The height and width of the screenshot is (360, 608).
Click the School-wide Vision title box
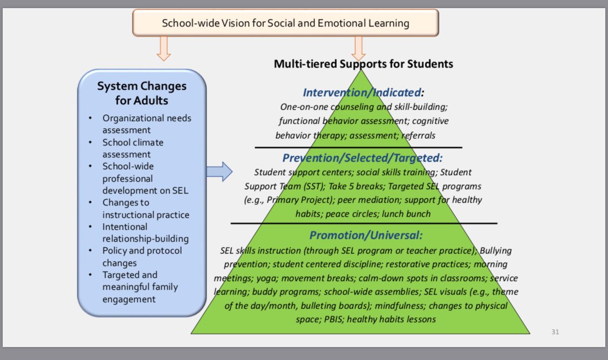[285, 23]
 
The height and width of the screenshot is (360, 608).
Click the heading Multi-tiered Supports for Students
[363, 64]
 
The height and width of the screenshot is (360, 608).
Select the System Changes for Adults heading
[142, 93]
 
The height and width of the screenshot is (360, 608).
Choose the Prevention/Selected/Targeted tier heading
[362, 158]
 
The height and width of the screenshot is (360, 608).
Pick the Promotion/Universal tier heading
[365, 235]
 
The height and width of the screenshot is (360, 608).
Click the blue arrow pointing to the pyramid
[219, 172]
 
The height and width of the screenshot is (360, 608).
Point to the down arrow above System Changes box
[163, 49]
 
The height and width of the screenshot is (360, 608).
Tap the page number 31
[555, 331]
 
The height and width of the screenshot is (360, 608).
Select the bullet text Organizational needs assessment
[147, 124]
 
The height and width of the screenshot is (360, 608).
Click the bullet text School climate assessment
[133, 148]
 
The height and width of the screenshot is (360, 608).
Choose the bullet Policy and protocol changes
[142, 257]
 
